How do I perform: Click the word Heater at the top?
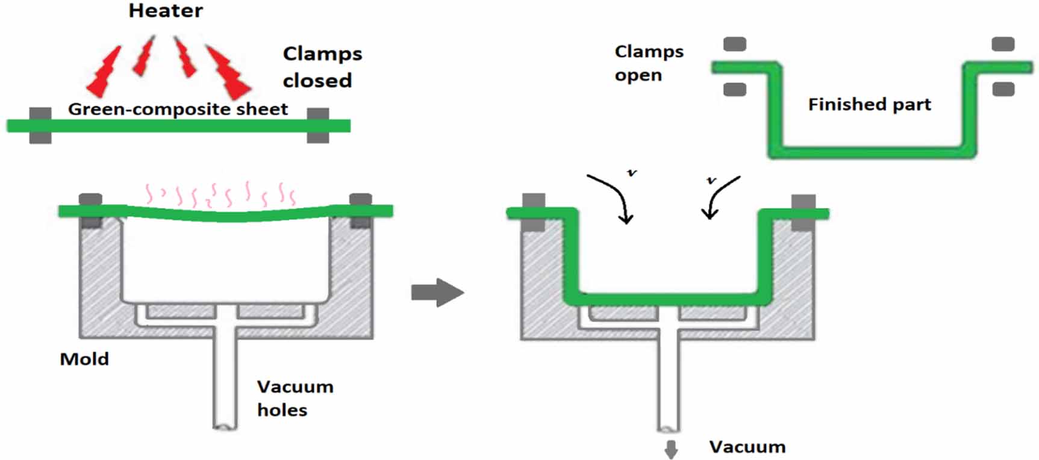pos(166,11)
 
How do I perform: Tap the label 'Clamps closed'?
pos(322,67)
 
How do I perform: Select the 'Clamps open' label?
pos(648,63)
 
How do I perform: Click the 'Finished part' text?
pos(869,105)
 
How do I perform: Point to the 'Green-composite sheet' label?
pos(178,109)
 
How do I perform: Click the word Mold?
pos(84,359)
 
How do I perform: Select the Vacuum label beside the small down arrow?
pos(747,447)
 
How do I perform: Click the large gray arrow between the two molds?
pos(437,293)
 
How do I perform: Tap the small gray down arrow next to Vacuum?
pos(671,449)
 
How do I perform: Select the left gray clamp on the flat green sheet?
pos(40,125)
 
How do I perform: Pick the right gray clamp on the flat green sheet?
pos(318,125)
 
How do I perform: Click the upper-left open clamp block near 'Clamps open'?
pos(734,44)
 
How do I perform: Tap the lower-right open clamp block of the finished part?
pos(1003,90)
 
